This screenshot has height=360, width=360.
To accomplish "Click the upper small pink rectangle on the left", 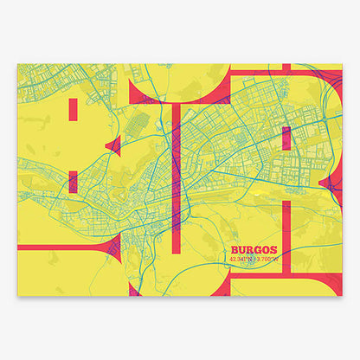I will pyautogui.click(x=74, y=110).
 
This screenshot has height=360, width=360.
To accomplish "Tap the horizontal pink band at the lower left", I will pyautogui.click(x=52, y=250).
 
